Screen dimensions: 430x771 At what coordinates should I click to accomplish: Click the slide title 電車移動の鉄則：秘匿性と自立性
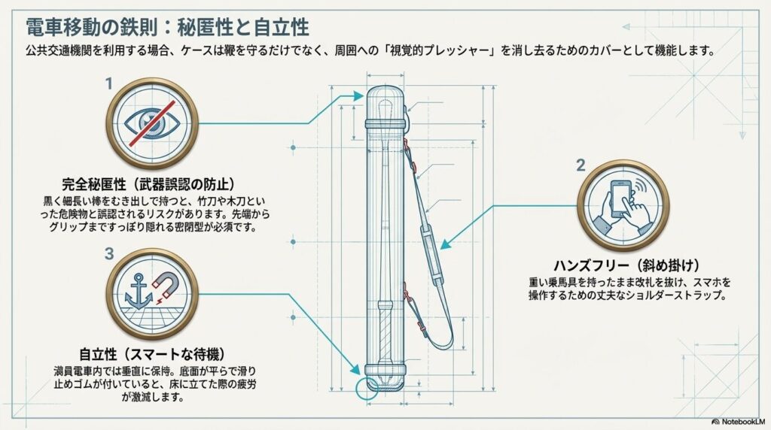(x=167, y=28)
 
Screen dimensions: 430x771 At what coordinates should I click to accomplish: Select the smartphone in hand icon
(x=623, y=204)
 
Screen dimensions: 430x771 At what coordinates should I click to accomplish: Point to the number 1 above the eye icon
(x=108, y=83)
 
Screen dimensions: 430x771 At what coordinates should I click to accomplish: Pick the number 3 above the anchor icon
(x=108, y=254)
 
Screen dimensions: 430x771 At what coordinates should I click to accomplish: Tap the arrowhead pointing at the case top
(x=359, y=95)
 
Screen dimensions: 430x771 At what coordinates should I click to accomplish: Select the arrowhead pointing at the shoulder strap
(x=445, y=244)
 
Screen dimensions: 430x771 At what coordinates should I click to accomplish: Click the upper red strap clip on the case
(x=407, y=143)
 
